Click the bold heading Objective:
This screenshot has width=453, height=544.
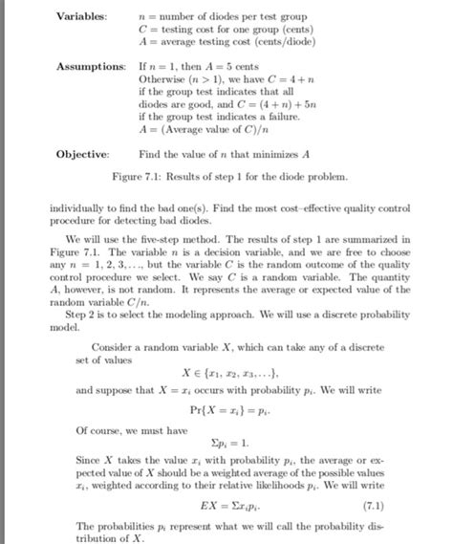click(82, 153)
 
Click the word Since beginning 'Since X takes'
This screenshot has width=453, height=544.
click(85, 461)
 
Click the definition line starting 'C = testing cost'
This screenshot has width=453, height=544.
click(211, 29)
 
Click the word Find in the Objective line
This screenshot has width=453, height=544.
click(149, 153)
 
